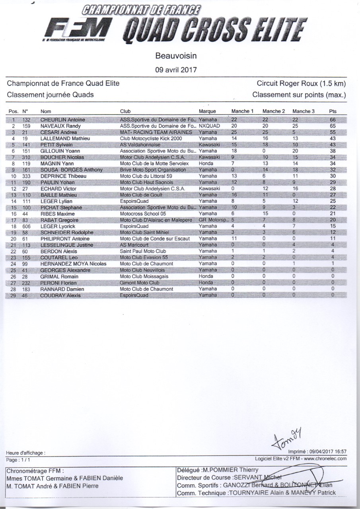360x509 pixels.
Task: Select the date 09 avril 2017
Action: [x=175, y=70]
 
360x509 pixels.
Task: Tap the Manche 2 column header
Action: [x=274, y=111]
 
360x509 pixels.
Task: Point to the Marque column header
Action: [x=207, y=111]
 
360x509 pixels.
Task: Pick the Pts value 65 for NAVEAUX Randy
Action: [x=333, y=126]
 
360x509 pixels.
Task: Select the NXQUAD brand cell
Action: [x=209, y=126]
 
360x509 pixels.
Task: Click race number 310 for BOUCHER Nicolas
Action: [x=27, y=157]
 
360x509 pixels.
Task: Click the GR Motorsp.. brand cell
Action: [x=213, y=220]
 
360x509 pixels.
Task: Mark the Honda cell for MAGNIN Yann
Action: [x=205, y=163]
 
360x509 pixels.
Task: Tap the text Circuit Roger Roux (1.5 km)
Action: [x=301, y=84]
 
